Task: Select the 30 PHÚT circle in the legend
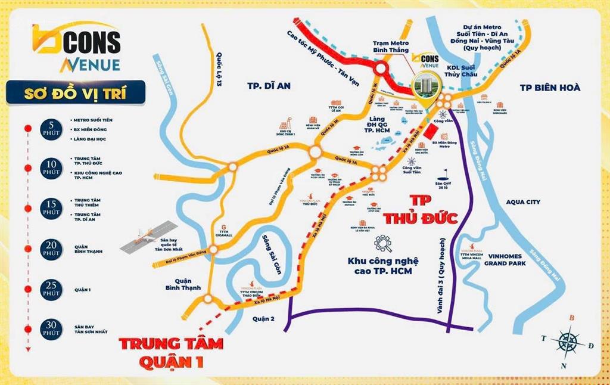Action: (x=51, y=328)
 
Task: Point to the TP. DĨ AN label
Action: (x=269, y=86)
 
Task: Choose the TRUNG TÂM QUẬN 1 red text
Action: (x=170, y=352)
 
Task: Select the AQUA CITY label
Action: (x=523, y=202)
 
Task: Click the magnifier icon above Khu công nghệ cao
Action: (x=382, y=243)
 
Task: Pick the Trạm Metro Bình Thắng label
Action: (x=390, y=46)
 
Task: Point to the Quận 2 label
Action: (x=262, y=318)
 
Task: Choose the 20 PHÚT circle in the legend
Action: (x=51, y=249)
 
